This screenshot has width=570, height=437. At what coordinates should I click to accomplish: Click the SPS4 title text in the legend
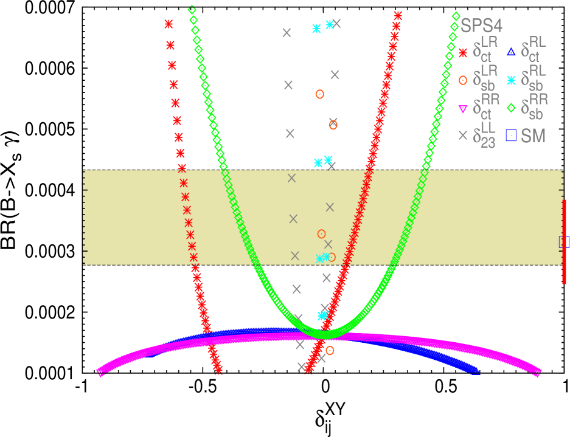point(481,26)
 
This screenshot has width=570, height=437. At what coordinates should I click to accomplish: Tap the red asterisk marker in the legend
point(463,53)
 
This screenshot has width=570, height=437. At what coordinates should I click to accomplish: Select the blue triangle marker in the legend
point(512,51)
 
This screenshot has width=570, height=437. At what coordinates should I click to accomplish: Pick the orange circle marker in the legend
point(463,79)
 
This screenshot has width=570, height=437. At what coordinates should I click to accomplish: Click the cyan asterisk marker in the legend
point(512,79)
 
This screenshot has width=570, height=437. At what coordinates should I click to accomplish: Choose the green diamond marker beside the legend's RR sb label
point(512,108)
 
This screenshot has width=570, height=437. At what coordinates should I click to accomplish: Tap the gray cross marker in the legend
point(463,136)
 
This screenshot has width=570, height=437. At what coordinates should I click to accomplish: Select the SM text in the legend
point(534,136)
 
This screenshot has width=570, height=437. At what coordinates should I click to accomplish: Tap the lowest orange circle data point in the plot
point(330,350)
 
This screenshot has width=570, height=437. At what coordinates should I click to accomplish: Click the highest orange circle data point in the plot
point(319,94)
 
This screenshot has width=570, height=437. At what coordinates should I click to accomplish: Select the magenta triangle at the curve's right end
point(537,373)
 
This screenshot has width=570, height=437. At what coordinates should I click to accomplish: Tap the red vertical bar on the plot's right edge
point(565,241)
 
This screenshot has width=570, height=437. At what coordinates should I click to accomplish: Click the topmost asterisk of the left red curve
point(169,24)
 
